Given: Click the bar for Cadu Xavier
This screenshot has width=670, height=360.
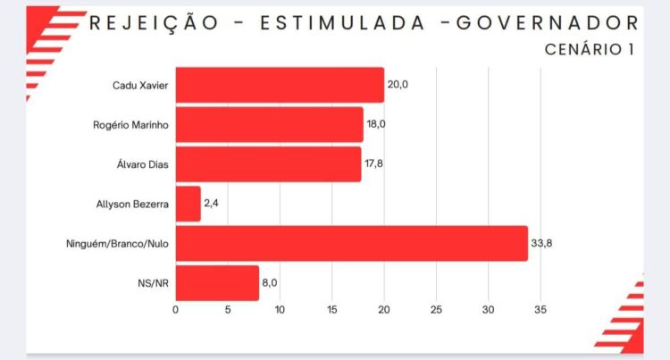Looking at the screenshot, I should tap(280, 85).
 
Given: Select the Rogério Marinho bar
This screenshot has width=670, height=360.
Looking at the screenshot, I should tap(269, 124).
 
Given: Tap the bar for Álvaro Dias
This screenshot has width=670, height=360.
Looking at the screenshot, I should tap(268, 164).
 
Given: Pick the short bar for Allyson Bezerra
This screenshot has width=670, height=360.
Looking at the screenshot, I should tap(188, 204).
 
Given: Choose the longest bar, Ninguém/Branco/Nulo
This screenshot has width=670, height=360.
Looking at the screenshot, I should tap(351, 243).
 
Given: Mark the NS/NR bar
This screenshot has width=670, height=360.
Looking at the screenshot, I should tap(217, 283).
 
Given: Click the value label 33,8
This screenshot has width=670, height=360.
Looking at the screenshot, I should tap(544, 243).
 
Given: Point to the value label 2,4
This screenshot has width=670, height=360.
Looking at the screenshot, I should tap(213, 204).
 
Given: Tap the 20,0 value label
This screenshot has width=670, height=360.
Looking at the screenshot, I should tap(398, 85).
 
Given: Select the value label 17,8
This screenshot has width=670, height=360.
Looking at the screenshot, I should tap(375, 164).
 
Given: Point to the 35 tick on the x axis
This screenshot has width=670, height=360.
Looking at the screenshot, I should tap(540, 310).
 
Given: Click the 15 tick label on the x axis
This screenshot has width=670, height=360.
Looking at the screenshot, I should tap(331, 310).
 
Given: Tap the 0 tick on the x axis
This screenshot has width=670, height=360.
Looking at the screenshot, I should tap(176, 310).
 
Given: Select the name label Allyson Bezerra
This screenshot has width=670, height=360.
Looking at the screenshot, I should tap(131, 204).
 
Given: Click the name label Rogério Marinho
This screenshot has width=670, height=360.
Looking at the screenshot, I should tap(131, 124).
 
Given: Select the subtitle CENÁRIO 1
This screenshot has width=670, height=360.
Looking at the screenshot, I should tap(590, 49).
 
